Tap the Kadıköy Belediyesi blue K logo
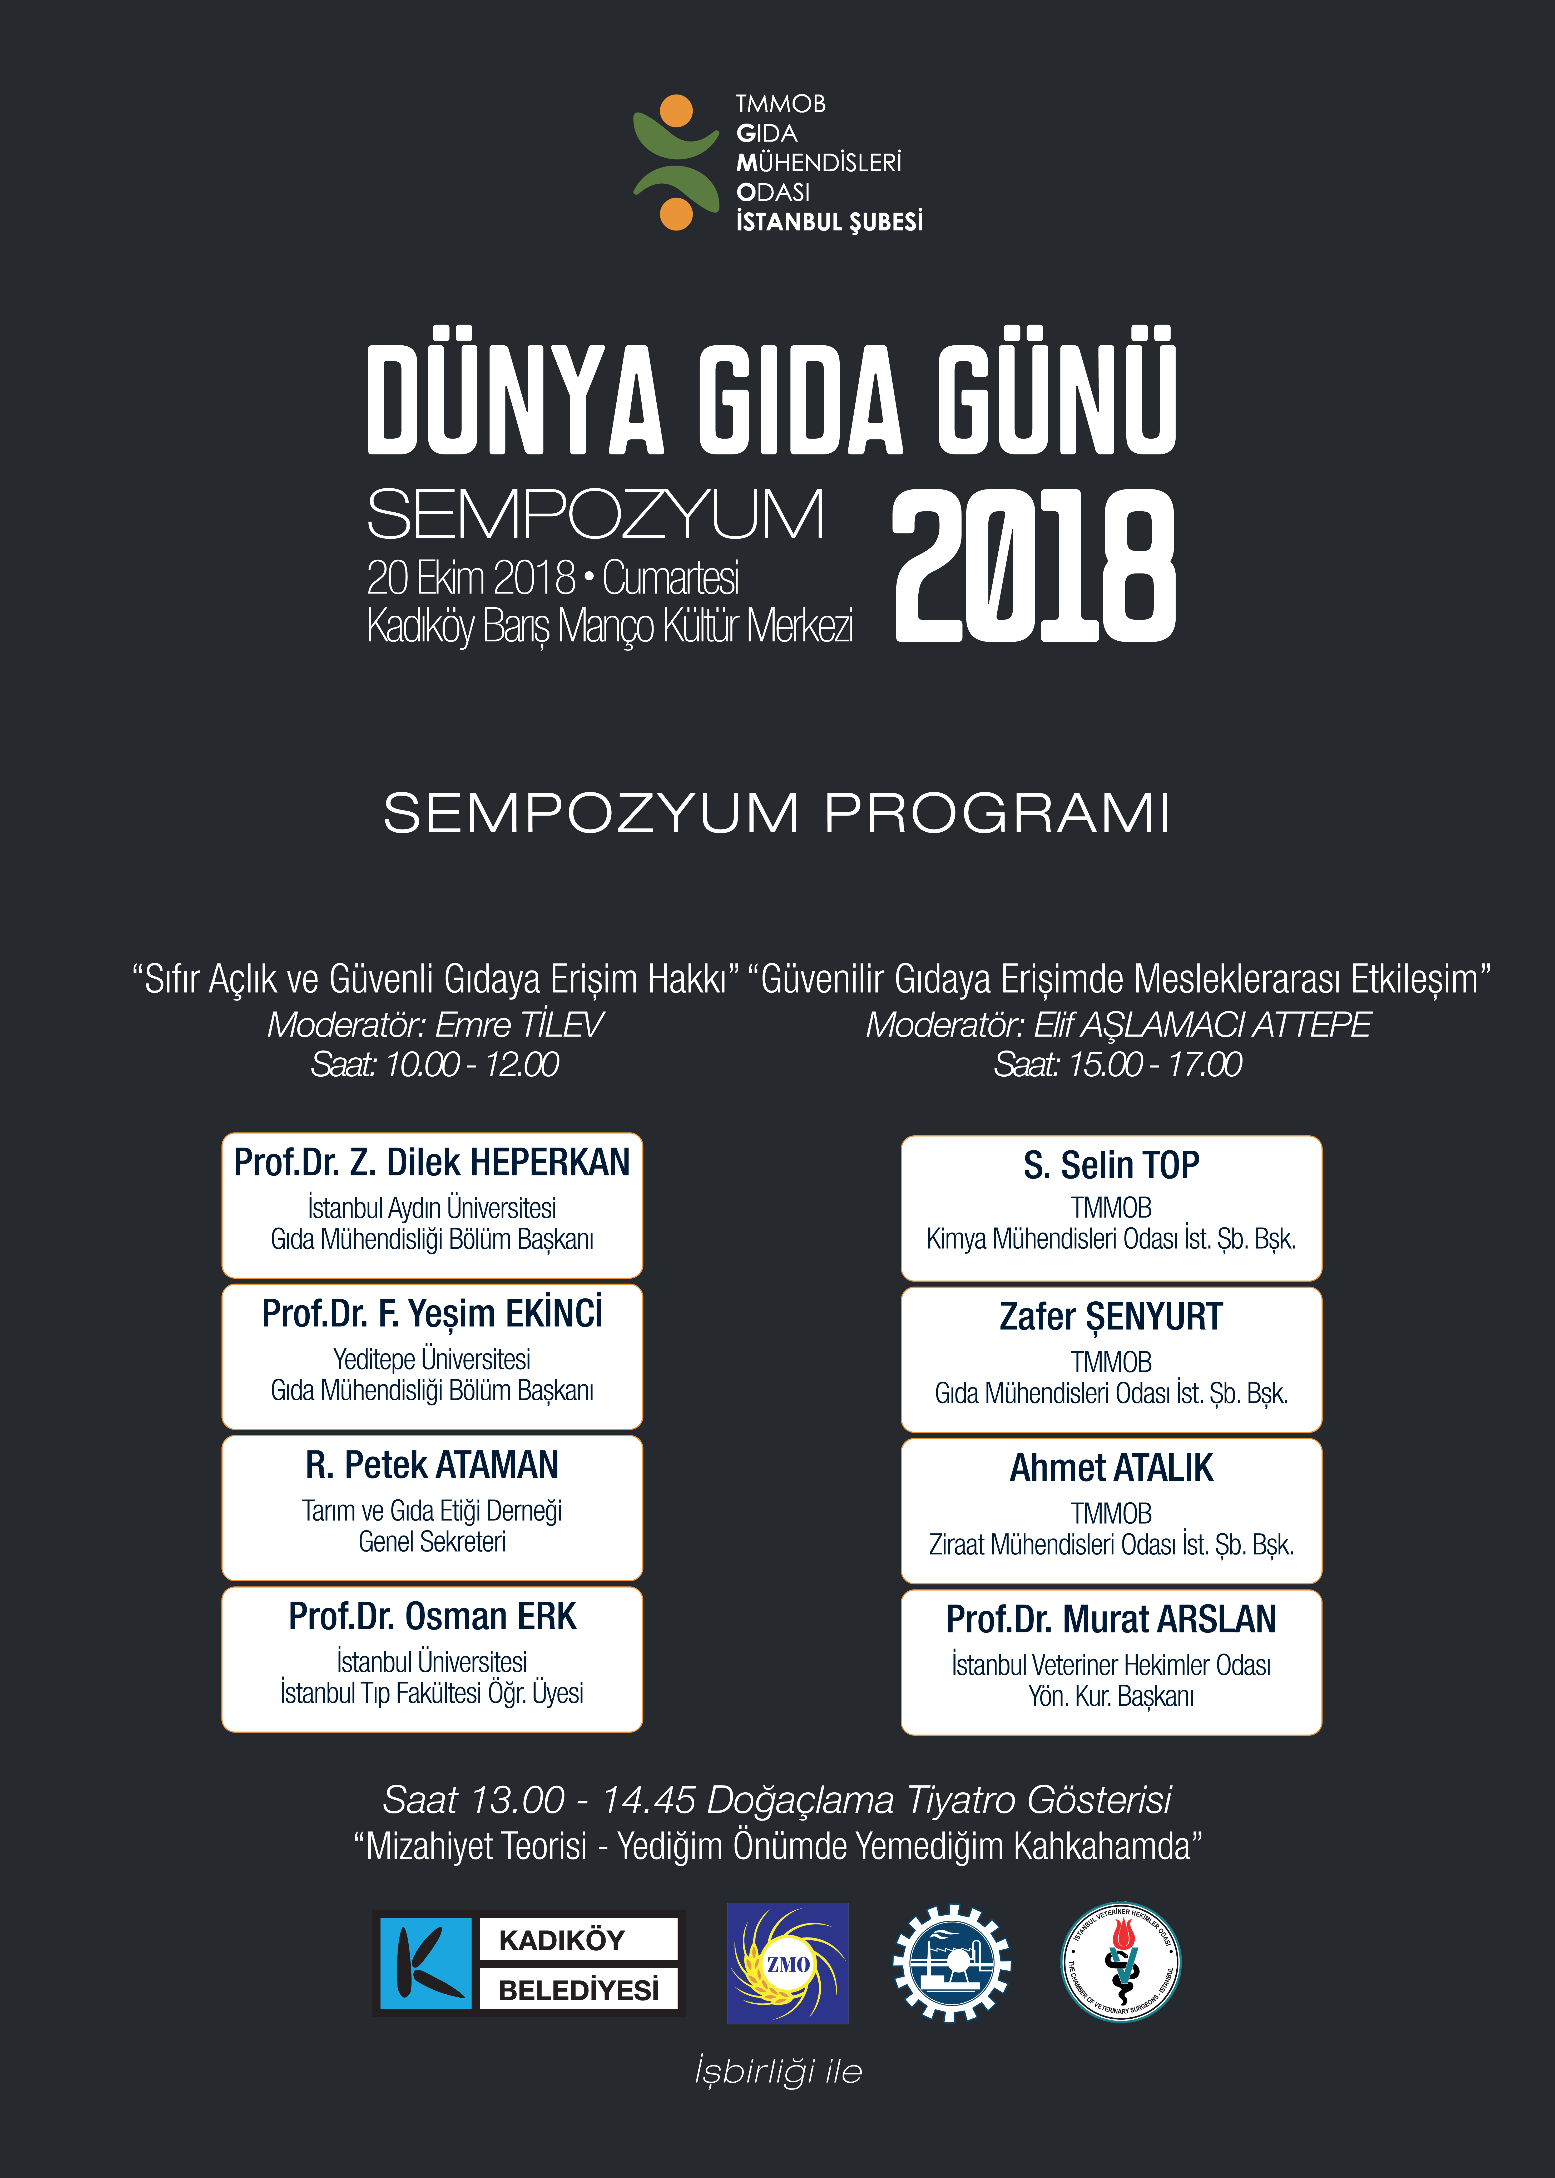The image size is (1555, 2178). pyautogui.click(x=425, y=1963)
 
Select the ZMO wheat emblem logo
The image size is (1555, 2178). pyautogui.click(x=787, y=1963)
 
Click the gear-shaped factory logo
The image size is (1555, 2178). pyautogui.click(x=951, y=1963)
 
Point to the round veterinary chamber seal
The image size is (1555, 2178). pyautogui.click(x=1121, y=1963)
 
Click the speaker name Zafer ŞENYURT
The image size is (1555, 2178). pyautogui.click(x=1111, y=1317)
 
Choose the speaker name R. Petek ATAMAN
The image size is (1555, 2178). pyautogui.click(x=432, y=1465)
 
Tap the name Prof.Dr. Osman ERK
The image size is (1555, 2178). pyautogui.click(x=432, y=1617)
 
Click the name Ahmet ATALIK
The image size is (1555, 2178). pyautogui.click(x=1111, y=1468)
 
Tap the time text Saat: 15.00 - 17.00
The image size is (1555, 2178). pyautogui.click(x=1117, y=1064)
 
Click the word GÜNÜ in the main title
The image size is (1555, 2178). pyautogui.click(x=1056, y=398)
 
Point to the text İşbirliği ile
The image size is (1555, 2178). pyautogui.click(x=777, y=2072)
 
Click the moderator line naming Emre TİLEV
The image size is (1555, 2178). pyautogui.click(x=435, y=1025)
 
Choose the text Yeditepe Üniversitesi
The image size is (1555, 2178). pyautogui.click(x=432, y=1359)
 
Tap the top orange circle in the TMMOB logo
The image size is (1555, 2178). pyautogui.click(x=676, y=111)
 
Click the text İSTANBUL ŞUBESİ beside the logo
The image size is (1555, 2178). pyautogui.click(x=829, y=222)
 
